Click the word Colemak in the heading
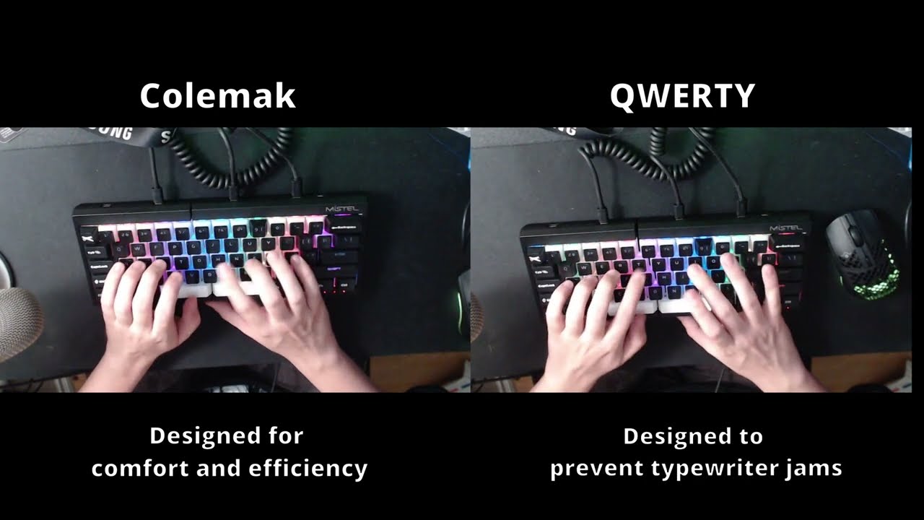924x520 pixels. (217, 96)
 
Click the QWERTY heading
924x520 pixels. (682, 96)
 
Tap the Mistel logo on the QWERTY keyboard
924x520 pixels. (785, 227)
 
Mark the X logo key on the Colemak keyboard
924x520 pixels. (87, 235)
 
